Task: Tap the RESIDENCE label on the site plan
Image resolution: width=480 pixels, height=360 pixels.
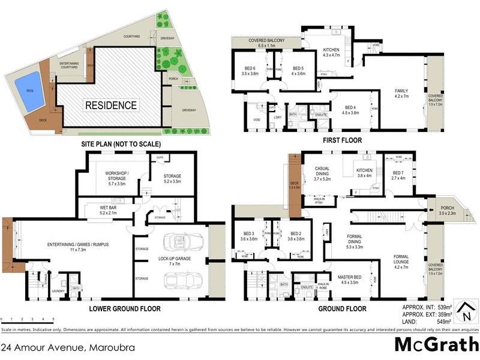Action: pyautogui.click(x=111, y=105)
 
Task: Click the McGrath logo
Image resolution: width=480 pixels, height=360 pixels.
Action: pyautogui.click(x=436, y=344)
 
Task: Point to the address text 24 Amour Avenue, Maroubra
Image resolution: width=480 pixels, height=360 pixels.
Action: pyautogui.click(x=67, y=347)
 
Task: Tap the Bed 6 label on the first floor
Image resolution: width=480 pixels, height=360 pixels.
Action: pyautogui.click(x=250, y=71)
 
